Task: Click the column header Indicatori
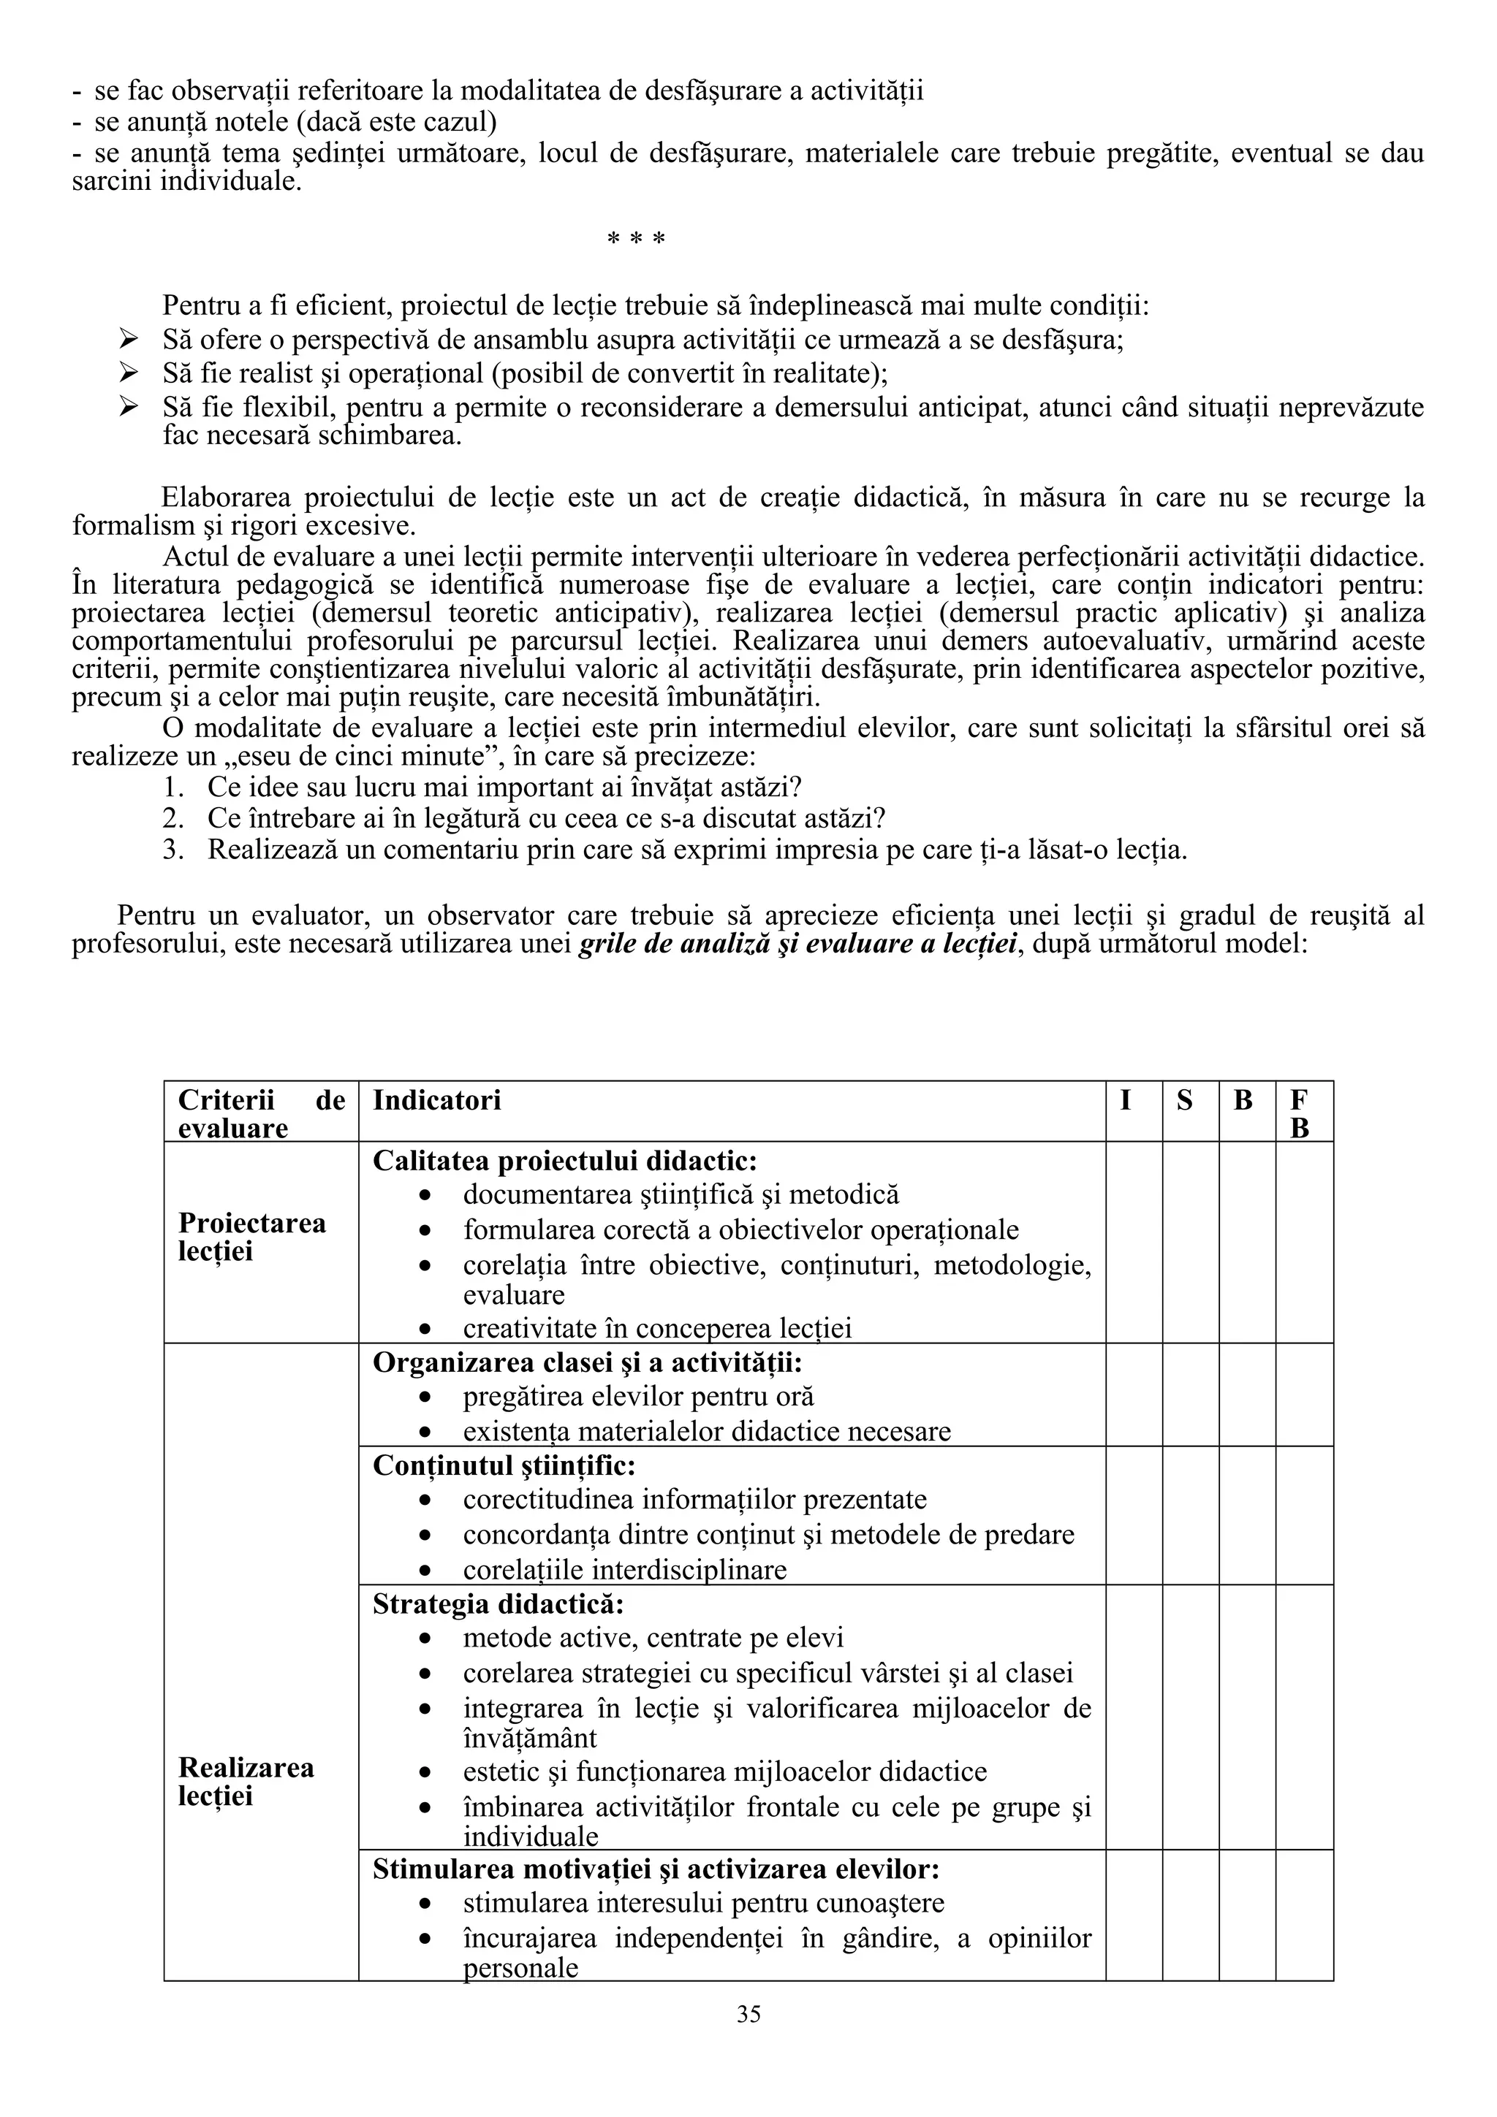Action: point(436,1100)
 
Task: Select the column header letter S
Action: point(1184,1100)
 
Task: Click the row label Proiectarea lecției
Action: point(251,1237)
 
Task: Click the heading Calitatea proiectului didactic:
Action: point(564,1161)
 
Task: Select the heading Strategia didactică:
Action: point(498,1603)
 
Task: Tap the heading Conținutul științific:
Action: point(504,1465)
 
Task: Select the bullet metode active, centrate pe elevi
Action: point(653,1638)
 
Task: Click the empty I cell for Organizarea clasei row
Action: point(1134,1394)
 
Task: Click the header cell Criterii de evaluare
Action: point(261,1113)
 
